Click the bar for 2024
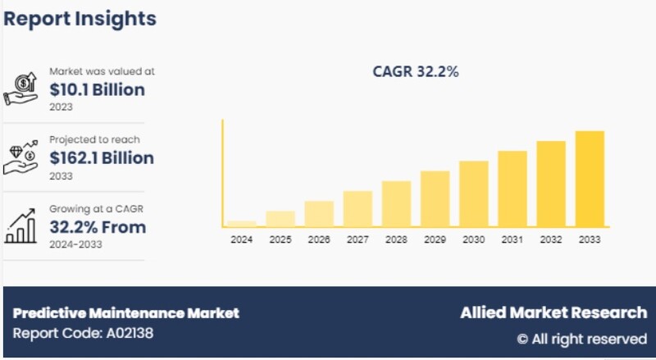pyautogui.click(x=241, y=223)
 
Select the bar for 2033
pyautogui.click(x=589, y=179)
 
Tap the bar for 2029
pyautogui.click(x=435, y=198)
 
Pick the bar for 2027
pyautogui.click(x=358, y=208)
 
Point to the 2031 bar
pyautogui.click(x=512, y=189)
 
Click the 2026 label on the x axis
pyautogui.click(x=319, y=240)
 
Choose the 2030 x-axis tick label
pyautogui.click(x=473, y=240)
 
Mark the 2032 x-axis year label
pyautogui.click(x=550, y=240)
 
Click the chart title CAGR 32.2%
pyautogui.click(x=416, y=72)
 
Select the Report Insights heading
pyautogui.click(x=80, y=17)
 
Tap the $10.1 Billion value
pyautogui.click(x=97, y=89)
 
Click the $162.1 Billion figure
pyautogui.click(x=102, y=157)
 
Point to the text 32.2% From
pyautogui.click(x=98, y=227)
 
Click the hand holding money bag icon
pyautogui.click(x=22, y=89)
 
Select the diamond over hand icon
pyautogui.click(x=22, y=157)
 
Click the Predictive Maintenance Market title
pyautogui.click(x=126, y=312)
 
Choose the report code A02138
pyautogui.click(x=83, y=333)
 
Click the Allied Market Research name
pyautogui.click(x=551, y=312)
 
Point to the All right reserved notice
pyautogui.click(x=581, y=338)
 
